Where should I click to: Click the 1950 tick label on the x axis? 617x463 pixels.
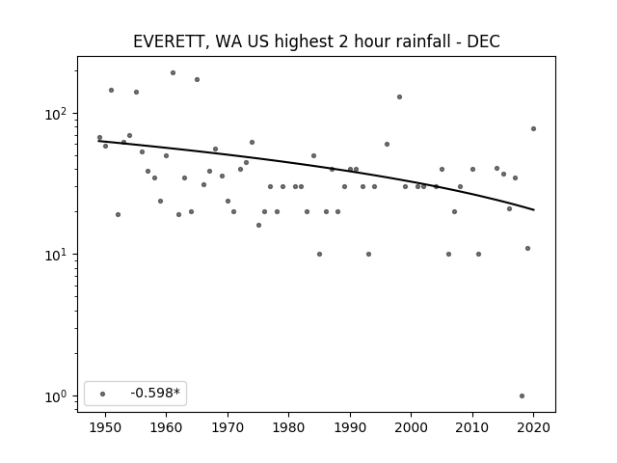(x=105, y=427)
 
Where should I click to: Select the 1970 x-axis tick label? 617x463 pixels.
(x=228, y=427)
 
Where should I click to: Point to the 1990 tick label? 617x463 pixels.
(x=350, y=427)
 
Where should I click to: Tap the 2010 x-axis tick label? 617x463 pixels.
(x=472, y=427)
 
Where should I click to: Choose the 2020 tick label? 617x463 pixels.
(x=533, y=427)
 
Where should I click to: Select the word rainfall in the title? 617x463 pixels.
(x=402, y=41)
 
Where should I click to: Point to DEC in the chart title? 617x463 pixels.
(x=483, y=41)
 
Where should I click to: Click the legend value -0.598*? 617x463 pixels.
(x=155, y=393)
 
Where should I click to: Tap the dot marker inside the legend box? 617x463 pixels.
(x=103, y=394)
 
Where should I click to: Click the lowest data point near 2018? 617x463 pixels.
(x=522, y=396)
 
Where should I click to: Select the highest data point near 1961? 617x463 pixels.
(x=173, y=73)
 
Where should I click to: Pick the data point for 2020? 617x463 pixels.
(x=533, y=128)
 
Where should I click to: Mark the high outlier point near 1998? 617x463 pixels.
(x=399, y=96)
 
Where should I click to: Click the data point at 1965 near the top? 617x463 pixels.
(x=197, y=79)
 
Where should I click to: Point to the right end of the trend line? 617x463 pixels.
(x=534, y=210)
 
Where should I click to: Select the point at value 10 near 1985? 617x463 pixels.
(x=319, y=255)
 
